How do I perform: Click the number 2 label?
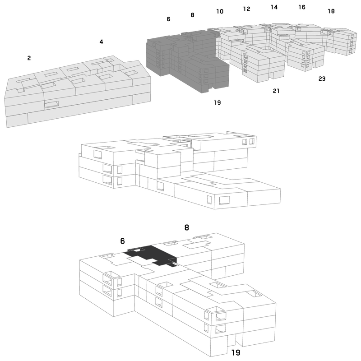(x=29, y=58)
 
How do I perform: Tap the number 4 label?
(x=101, y=42)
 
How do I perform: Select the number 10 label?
(x=220, y=11)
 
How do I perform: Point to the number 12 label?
(x=246, y=9)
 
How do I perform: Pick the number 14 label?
(x=274, y=7)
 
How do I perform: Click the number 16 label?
(x=302, y=7)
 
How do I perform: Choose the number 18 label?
(x=331, y=11)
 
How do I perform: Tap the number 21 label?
(x=276, y=91)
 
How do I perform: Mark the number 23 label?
(x=322, y=79)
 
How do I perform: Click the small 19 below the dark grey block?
(x=218, y=102)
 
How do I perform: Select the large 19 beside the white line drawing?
(x=236, y=352)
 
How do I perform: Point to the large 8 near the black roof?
(x=187, y=227)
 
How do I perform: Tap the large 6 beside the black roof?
(x=122, y=241)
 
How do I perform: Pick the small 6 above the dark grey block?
(x=168, y=19)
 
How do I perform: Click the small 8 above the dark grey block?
(x=193, y=15)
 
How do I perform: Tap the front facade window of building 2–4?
(x=51, y=105)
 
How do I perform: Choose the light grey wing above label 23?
(x=306, y=55)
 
